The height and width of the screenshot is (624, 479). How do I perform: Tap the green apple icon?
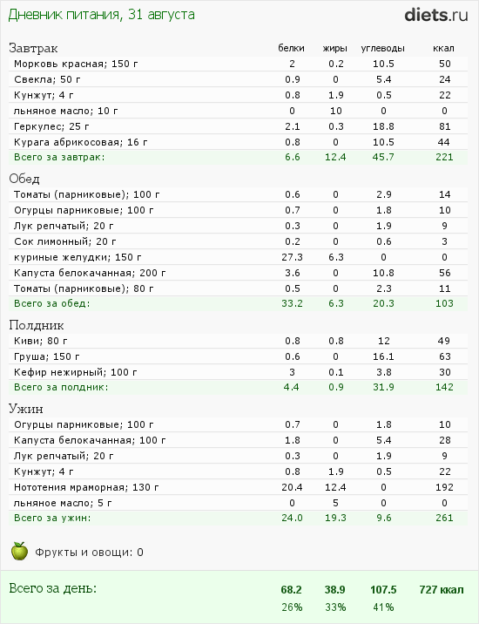click(x=19, y=551)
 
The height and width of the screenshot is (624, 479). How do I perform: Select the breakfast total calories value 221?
click(x=444, y=157)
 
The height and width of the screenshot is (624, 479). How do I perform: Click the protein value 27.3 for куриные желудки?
click(x=292, y=257)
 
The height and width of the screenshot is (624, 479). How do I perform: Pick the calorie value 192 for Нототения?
click(x=444, y=487)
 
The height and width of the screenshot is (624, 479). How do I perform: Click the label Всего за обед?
click(x=52, y=303)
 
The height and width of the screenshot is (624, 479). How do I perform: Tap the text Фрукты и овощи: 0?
click(x=90, y=552)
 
